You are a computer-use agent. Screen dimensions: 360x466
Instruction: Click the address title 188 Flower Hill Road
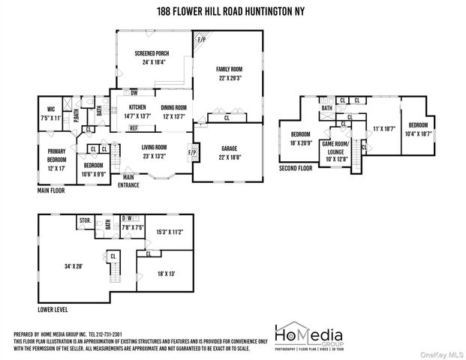(233, 11)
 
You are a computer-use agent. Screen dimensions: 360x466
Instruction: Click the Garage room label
(228, 153)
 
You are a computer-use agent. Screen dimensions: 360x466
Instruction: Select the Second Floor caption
(297, 169)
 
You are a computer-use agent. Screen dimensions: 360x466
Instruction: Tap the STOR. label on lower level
(86, 220)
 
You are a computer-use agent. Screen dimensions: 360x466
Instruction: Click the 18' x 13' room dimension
(167, 274)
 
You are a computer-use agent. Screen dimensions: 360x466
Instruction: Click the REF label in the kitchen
(133, 128)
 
